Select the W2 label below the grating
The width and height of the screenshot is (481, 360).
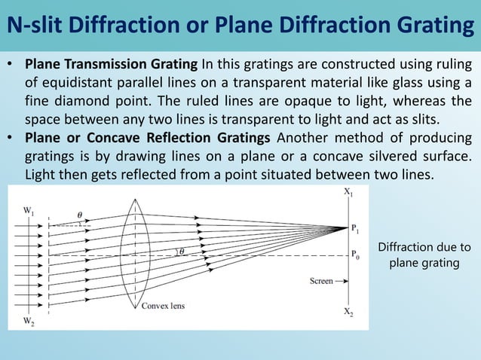(x=29, y=321)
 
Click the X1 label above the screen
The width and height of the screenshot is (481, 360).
(x=348, y=194)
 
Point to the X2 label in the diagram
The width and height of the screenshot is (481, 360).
(x=348, y=313)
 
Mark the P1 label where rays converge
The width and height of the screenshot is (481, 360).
(x=355, y=227)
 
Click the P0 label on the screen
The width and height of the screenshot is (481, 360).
(x=356, y=256)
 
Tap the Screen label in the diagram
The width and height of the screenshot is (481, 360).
(x=322, y=281)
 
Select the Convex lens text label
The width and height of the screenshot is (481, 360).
(x=163, y=306)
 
